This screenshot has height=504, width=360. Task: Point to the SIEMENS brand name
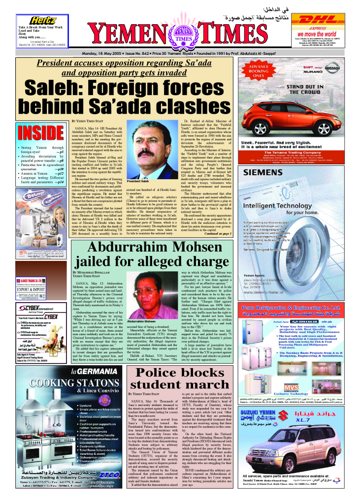[263, 173]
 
